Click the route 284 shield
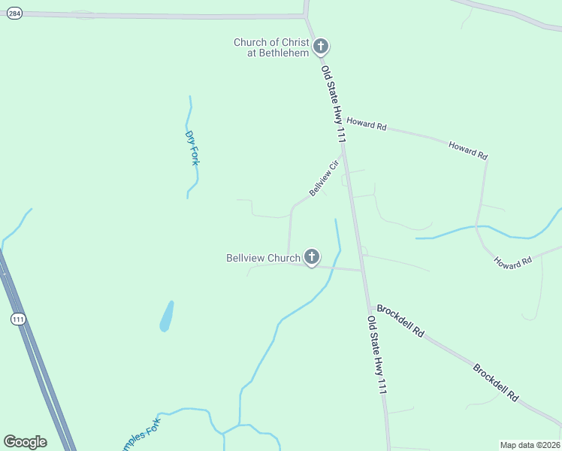click(14, 14)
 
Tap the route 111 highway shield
click(18, 319)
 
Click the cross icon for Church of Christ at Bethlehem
click(321, 47)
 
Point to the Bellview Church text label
click(263, 258)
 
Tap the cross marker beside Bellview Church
click(311, 257)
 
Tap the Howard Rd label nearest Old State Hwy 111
click(367, 124)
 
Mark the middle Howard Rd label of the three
click(468, 149)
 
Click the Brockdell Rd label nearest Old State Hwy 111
click(400, 320)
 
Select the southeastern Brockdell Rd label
click(496, 383)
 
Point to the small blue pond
click(167, 316)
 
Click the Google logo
click(25, 442)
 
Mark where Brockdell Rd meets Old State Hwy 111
click(370, 307)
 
